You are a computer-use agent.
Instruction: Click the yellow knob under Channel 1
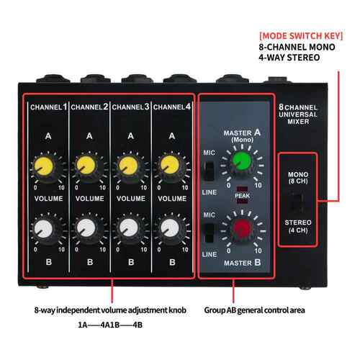[44, 166]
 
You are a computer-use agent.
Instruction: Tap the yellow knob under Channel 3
[128, 166]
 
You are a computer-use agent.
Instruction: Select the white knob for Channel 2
[86, 228]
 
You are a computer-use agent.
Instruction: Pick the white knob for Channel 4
[170, 228]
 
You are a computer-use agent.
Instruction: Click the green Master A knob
[241, 161]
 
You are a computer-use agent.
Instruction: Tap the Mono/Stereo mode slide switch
[297, 202]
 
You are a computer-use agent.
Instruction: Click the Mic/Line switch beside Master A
[210, 171]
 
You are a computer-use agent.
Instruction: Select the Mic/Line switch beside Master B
[210, 233]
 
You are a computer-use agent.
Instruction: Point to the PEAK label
[243, 196]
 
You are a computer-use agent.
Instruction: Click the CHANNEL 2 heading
[89, 107]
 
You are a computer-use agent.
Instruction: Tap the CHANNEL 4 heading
[172, 107]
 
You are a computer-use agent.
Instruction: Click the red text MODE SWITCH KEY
[301, 36]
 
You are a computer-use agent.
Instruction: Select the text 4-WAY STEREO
[289, 58]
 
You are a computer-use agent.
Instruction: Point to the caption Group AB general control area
[254, 310]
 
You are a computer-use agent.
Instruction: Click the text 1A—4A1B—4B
[110, 325]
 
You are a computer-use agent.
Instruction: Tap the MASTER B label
[243, 263]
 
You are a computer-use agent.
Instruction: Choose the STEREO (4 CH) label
[298, 226]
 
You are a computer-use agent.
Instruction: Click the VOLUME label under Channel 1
[49, 199]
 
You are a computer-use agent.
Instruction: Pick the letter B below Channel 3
[131, 262]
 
